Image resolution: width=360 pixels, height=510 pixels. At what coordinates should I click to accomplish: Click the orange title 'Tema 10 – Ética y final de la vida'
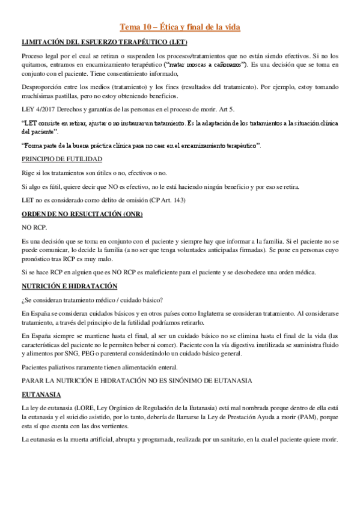pos(180,27)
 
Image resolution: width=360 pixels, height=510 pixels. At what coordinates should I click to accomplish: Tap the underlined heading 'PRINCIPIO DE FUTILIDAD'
pos(61,159)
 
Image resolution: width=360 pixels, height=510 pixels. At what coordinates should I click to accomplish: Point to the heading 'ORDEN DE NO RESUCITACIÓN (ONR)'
pos(82,214)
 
